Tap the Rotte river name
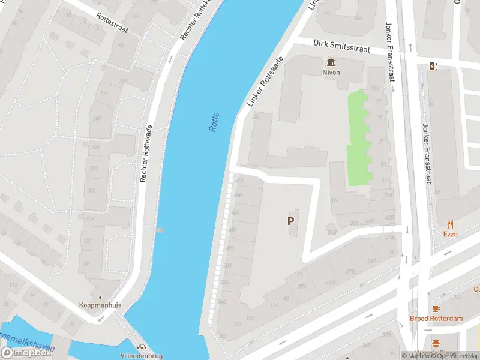(x=214, y=122)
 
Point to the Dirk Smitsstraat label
(x=342, y=47)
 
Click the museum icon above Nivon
(x=330, y=62)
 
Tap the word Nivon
(x=330, y=73)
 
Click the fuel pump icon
(x=433, y=66)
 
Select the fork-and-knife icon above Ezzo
(x=450, y=224)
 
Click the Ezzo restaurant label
(x=450, y=234)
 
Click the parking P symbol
(x=291, y=221)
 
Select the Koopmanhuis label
(x=100, y=305)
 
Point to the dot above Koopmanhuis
(x=100, y=296)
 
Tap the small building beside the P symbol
(x=294, y=223)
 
